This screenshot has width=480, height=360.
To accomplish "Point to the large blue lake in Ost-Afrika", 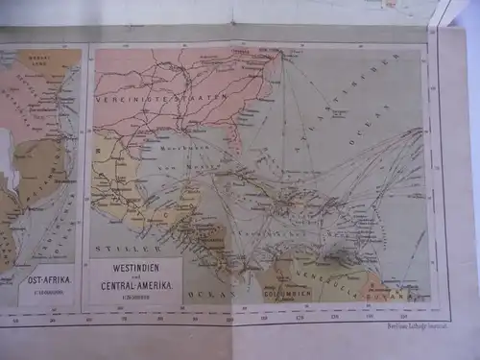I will coord(9,154).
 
